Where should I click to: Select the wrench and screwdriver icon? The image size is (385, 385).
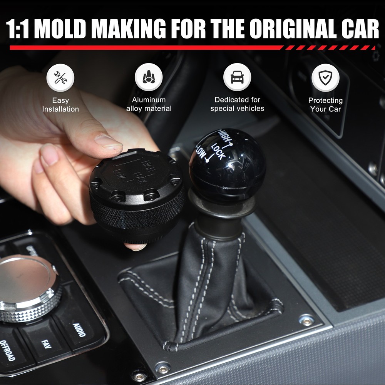click(60, 77)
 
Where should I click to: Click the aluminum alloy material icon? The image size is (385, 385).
click(149, 77)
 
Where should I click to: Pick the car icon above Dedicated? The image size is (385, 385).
click(237, 77)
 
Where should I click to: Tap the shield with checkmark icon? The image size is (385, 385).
click(325, 77)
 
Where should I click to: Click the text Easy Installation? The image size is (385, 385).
click(60, 105)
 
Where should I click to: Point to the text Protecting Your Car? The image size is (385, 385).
click(325, 104)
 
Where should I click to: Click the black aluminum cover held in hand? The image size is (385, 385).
click(137, 192)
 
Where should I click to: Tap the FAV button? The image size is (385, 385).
click(46, 343)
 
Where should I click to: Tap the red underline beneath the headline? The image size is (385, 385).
click(146, 48)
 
